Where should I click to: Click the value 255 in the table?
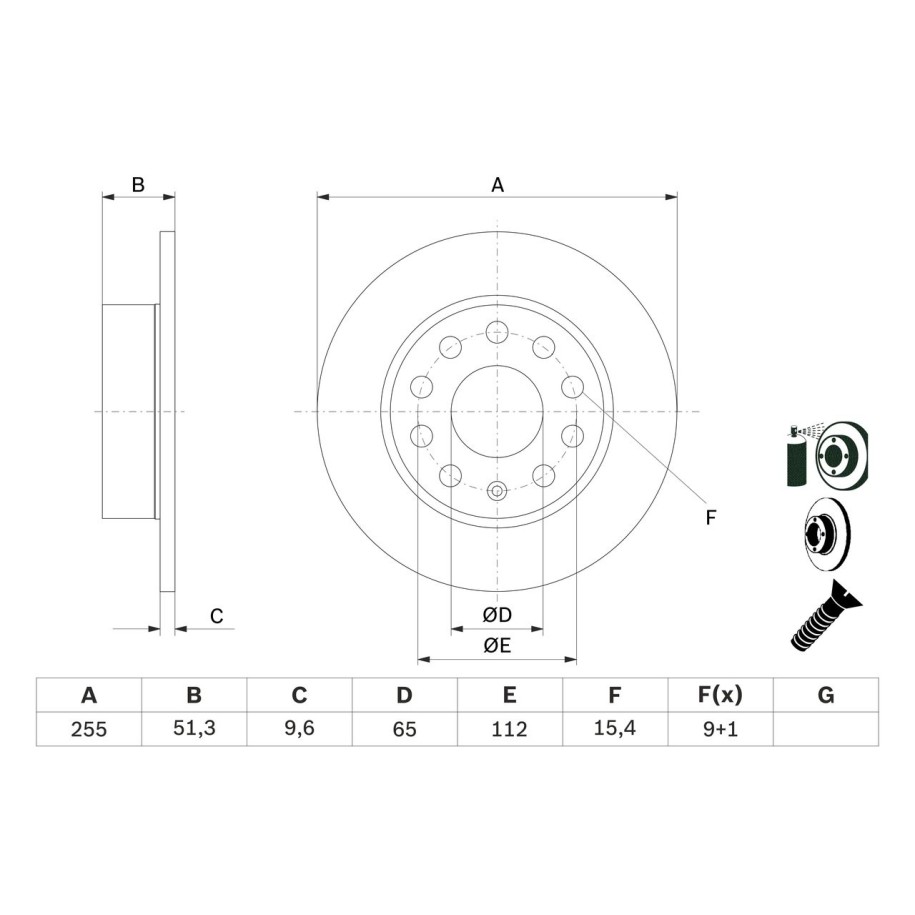89,729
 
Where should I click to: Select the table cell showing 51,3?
194,729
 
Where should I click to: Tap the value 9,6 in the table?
299,729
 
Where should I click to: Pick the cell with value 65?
404,729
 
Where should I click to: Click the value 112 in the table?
509,729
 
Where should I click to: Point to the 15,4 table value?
615,729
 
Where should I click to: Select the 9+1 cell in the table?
720,729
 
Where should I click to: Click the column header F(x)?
720,695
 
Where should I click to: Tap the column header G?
826,695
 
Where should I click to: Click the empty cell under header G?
826,729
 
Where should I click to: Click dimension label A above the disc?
497,185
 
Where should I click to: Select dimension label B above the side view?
139,185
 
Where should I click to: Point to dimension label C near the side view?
216,616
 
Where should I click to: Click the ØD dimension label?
497,615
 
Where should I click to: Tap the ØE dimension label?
497,646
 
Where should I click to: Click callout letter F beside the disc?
711,517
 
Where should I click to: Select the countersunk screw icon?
827,616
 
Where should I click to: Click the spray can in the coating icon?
798,458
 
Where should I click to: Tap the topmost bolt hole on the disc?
497,332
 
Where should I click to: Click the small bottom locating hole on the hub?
497,490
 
